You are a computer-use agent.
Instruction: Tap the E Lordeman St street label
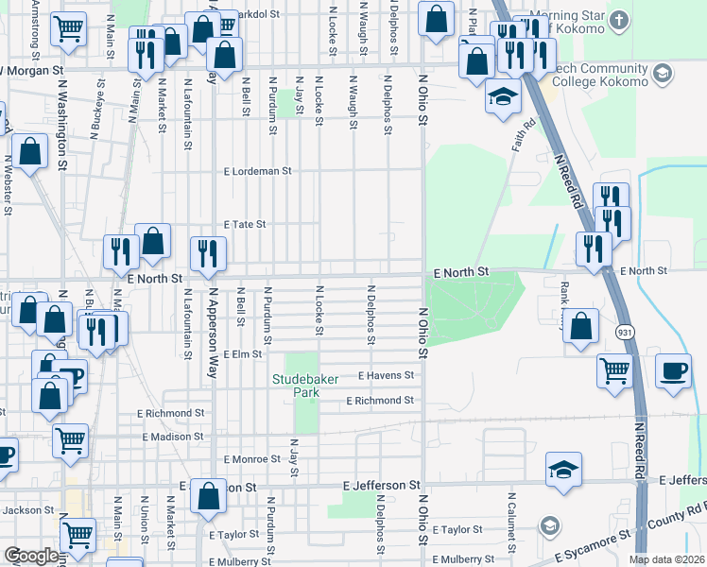(x=258, y=171)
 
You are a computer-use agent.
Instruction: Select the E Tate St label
(x=245, y=225)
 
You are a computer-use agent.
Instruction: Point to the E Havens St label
(x=386, y=375)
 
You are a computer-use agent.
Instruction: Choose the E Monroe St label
(x=252, y=458)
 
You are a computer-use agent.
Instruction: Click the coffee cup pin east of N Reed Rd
(x=672, y=370)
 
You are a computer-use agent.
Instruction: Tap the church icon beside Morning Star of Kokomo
(x=618, y=20)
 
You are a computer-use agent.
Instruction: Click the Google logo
(x=31, y=556)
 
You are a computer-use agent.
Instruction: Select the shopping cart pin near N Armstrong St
(x=67, y=30)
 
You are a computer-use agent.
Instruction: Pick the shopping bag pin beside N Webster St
(x=29, y=151)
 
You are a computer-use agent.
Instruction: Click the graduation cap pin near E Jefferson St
(x=562, y=469)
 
